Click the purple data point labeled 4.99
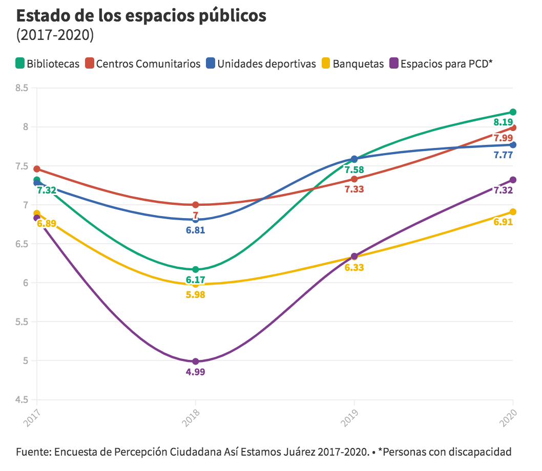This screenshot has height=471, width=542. click(x=195, y=361)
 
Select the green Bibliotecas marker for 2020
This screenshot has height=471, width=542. click(x=513, y=112)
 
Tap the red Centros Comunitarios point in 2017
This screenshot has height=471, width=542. click(x=37, y=169)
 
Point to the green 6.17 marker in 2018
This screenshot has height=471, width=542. click(x=195, y=269)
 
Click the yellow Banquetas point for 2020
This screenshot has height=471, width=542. click(x=513, y=212)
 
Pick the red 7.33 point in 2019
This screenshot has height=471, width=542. click(x=354, y=179)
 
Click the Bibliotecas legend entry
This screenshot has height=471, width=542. click(x=48, y=64)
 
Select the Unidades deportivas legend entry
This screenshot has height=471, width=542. click(x=261, y=64)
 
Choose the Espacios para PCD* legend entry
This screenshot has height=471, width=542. click(x=441, y=64)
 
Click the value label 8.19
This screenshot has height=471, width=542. click(x=503, y=122)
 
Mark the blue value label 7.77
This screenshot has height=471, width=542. click(x=503, y=155)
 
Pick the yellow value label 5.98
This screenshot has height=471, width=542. click(x=195, y=295)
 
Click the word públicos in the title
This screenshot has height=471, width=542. click(x=233, y=16)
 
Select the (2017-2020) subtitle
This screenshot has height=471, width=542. click(x=55, y=35)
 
